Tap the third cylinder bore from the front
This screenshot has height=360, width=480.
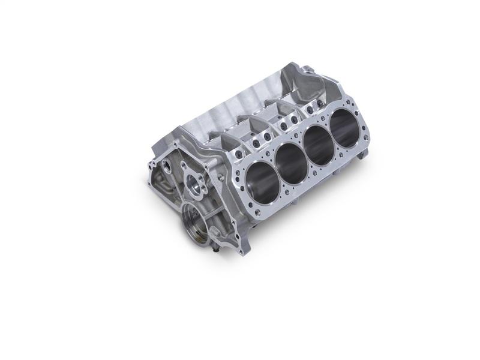[320, 144]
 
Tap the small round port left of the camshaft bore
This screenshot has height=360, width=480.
[163, 164]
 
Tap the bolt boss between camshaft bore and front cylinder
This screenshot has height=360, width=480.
[220, 179]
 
